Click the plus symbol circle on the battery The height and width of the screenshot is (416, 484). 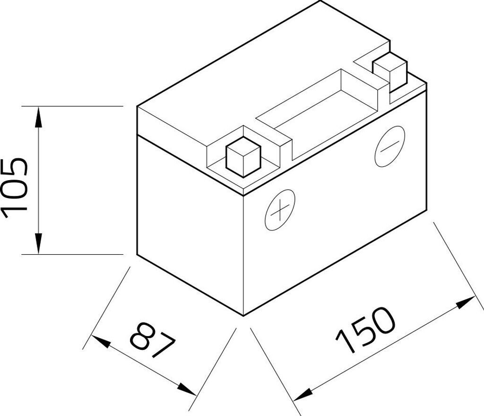280,209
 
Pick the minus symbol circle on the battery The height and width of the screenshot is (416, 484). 389,147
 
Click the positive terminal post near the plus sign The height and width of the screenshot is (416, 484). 243,157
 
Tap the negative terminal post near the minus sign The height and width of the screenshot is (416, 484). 390,72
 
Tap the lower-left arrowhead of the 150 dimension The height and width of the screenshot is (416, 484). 303,391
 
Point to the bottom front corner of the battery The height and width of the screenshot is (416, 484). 243,315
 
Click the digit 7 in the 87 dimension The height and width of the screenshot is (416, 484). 163,347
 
